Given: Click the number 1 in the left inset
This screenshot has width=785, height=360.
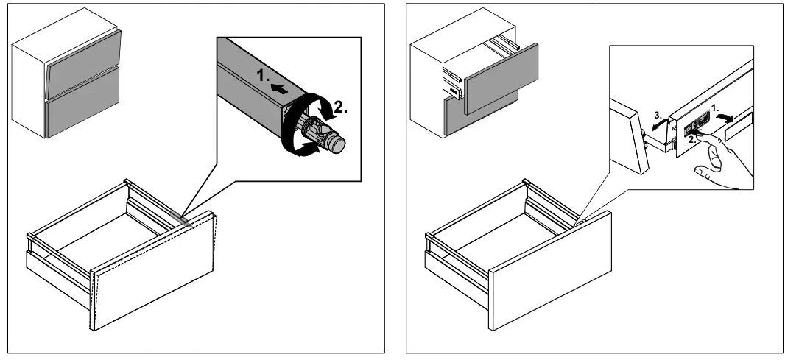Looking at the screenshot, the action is coord(264,76).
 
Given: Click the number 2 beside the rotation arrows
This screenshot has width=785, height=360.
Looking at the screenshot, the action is coord(340,107).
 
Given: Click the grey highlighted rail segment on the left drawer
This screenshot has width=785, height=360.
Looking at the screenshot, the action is coord(180,219).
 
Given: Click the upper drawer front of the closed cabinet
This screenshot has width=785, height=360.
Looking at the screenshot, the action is coord(84,63).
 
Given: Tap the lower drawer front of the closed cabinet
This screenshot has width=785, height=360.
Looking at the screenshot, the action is coord(82,102).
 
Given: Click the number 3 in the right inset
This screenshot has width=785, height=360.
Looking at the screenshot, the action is coord(658,116).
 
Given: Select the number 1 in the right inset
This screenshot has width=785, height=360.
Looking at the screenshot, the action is coord(715,107).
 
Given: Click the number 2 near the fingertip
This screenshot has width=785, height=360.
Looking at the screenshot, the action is coord(691,141).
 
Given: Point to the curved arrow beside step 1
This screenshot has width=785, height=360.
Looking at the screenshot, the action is coord(724,117).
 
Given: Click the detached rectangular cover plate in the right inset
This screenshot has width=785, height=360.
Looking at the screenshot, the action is coord(739,126).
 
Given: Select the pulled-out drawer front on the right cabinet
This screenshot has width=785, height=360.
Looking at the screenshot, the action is coord(501,79).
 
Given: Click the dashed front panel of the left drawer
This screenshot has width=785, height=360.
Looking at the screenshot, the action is coord(152,271).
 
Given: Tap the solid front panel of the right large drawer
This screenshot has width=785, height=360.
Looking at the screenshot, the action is coord(550,270).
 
